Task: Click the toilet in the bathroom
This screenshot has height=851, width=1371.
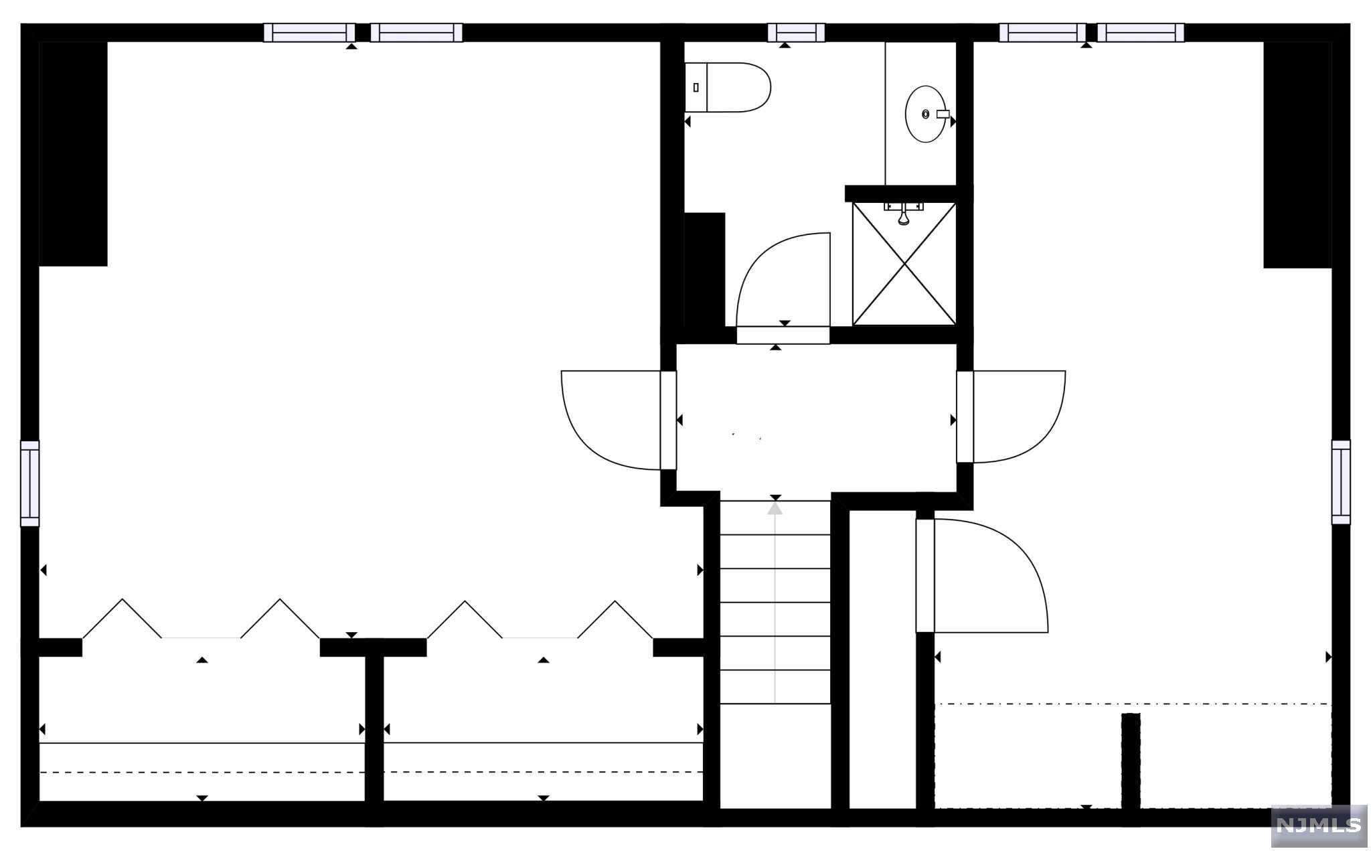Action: point(734,87)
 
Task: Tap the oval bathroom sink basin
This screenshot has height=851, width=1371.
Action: point(925,114)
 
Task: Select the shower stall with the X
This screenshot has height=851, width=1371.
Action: point(904,264)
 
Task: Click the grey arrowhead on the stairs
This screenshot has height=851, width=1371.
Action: point(775,509)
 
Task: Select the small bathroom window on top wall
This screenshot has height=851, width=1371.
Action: point(796,33)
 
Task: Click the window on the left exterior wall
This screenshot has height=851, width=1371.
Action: point(29,483)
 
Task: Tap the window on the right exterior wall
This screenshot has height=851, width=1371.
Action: point(1341,482)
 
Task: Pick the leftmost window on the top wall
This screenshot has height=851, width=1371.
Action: point(309,33)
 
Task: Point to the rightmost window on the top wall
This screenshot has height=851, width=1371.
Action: point(1140,33)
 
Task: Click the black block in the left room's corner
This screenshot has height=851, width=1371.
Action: point(73,154)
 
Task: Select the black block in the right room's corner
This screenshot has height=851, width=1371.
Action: point(1297,154)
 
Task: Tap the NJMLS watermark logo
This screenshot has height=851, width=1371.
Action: point(1318,825)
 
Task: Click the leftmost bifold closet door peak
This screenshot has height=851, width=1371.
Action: point(122,601)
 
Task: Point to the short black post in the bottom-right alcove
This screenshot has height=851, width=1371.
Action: point(1131,760)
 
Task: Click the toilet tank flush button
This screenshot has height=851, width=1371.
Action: point(696,87)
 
